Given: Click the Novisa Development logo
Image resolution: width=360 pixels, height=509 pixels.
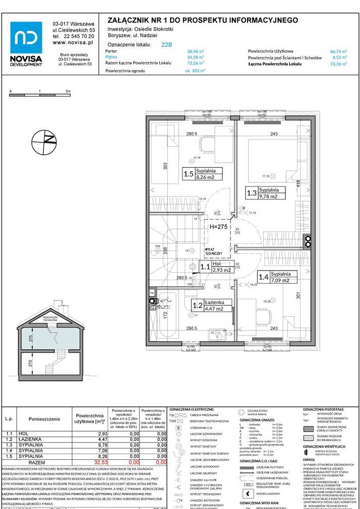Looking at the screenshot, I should [25, 43].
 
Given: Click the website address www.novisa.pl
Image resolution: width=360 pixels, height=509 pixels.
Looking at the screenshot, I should [73, 42].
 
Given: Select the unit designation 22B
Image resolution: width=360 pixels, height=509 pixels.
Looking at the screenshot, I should [167, 43].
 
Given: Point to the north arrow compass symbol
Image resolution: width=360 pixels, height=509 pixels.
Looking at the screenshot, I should [45, 141].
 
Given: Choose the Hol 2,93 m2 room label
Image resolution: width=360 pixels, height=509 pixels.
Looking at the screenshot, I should [214, 267].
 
